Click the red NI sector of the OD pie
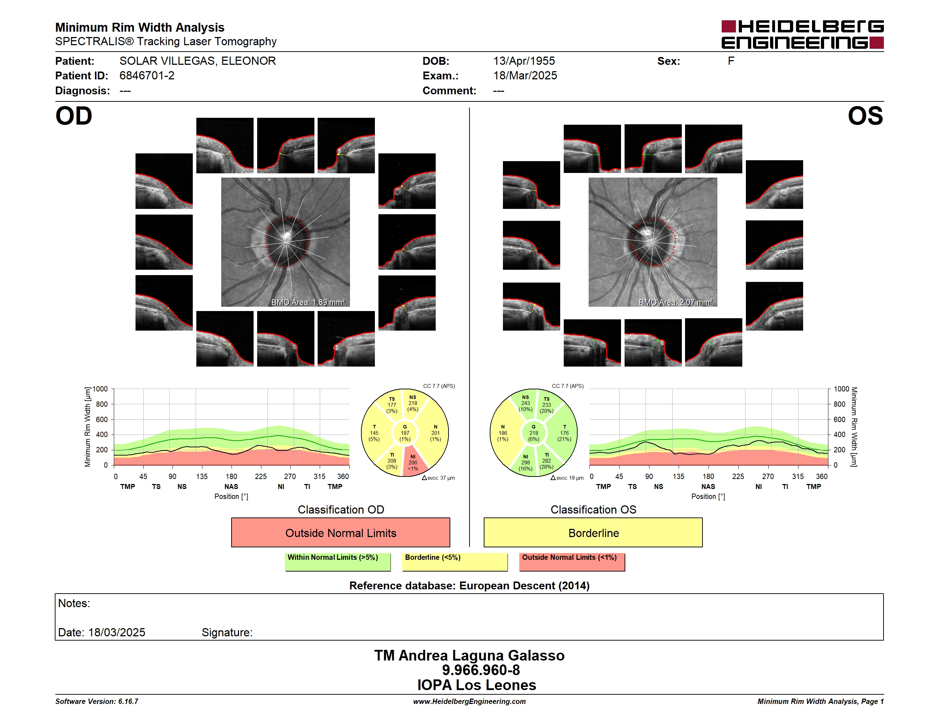[414, 462]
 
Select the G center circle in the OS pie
[534, 433]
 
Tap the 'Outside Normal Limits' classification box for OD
[340, 532]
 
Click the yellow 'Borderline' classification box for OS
[593, 532]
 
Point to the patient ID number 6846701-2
[147, 76]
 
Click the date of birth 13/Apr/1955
[524, 61]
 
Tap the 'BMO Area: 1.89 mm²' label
[308, 302]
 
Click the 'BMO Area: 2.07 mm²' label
[675, 302]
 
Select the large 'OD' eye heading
[74, 116]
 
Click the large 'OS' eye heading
[865, 116]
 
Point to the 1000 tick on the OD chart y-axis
[100, 389]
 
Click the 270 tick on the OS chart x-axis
[768, 477]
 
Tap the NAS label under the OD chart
[231, 486]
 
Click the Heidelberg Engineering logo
[802, 35]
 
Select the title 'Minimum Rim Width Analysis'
[140, 27]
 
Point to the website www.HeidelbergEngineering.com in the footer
[469, 701]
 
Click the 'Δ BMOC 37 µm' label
[438, 478]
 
